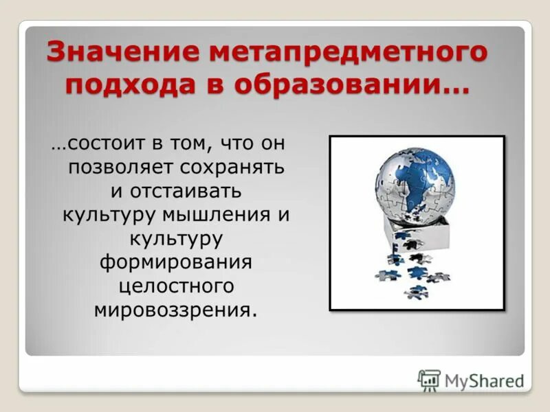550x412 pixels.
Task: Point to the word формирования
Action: click(176, 262)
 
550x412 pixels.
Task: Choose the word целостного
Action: click(176, 285)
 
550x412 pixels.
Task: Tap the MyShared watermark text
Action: click(484, 380)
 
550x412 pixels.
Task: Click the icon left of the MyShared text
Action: click(429, 380)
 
